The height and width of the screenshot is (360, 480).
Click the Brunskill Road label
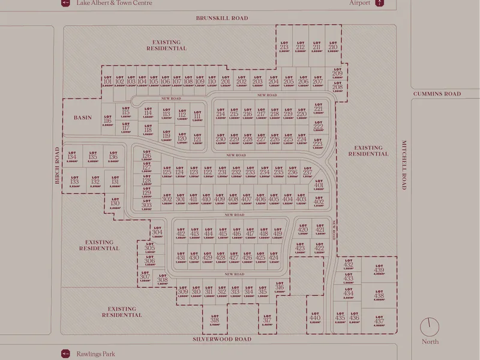point(221,18)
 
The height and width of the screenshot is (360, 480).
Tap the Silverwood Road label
point(221,339)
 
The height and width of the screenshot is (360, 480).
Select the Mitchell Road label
point(404,163)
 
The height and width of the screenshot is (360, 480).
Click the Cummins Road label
point(437,94)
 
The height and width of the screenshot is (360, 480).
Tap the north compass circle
point(430,327)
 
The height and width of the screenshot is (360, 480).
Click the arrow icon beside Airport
point(379,3)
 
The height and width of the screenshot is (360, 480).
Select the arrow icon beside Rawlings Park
point(65,354)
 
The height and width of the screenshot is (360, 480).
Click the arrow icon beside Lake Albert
point(65,3)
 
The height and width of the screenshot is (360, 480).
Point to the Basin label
point(83,118)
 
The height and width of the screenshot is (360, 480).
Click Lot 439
point(379,269)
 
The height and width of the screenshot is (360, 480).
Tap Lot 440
point(314,319)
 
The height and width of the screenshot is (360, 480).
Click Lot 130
point(115,205)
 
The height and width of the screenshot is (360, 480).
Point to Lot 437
point(379,321)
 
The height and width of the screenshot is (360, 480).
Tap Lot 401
point(319,186)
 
